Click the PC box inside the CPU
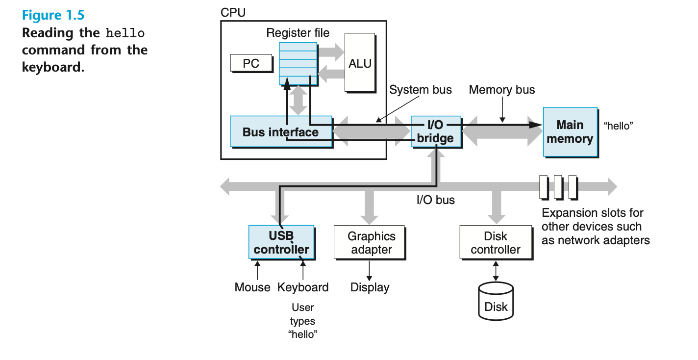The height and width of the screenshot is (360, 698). tap(251, 63)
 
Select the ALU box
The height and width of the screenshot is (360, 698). tap(360, 63)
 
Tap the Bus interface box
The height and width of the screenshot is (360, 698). tap(281, 131)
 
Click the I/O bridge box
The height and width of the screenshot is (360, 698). tap(435, 131)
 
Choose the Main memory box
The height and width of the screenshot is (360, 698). tap(570, 132)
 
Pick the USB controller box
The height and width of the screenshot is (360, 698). tap(281, 242)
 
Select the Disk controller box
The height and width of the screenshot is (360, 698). tap(496, 242)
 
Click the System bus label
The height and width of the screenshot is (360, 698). tap(421, 90)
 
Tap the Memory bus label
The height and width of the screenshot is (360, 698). tap(502, 90)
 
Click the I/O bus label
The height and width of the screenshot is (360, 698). tap(436, 200)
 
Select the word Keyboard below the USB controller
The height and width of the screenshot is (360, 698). tap(303, 287)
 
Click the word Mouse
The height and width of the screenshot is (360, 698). tap(252, 287)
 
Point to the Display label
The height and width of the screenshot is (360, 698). tap(370, 287)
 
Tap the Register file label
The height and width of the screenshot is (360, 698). tap(298, 33)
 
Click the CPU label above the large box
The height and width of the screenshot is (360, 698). tap(233, 13)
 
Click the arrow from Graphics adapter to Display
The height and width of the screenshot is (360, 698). tap(369, 270)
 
